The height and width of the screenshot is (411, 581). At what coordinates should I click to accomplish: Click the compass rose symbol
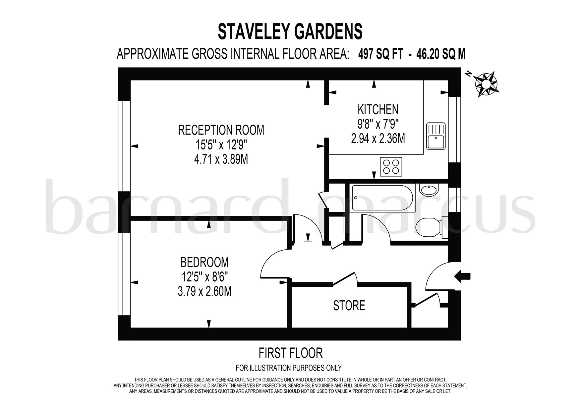click(x=486, y=84)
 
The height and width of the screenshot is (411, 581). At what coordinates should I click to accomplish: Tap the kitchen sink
click(x=436, y=136)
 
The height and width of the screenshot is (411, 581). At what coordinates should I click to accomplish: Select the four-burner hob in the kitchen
click(x=391, y=167)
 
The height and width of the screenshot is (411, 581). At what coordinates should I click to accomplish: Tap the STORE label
click(x=349, y=305)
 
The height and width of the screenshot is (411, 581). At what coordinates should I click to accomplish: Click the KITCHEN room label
click(x=378, y=109)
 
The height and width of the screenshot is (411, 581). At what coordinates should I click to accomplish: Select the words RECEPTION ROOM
click(x=221, y=130)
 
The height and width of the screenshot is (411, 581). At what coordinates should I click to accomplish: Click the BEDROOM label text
click(x=204, y=262)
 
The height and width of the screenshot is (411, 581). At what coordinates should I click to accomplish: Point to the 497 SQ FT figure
click(x=380, y=54)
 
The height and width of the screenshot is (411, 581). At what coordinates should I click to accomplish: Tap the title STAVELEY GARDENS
click(x=290, y=32)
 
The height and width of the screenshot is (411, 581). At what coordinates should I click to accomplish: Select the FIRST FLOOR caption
click(x=290, y=353)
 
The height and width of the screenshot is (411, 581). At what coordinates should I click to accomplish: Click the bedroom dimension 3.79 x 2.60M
click(x=204, y=292)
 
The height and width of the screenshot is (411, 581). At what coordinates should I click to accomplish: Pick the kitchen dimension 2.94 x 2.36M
click(x=378, y=139)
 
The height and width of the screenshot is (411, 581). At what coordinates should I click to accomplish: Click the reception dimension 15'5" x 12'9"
click(x=221, y=145)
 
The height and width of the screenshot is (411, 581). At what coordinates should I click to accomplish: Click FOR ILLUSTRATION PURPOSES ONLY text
click(x=288, y=368)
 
